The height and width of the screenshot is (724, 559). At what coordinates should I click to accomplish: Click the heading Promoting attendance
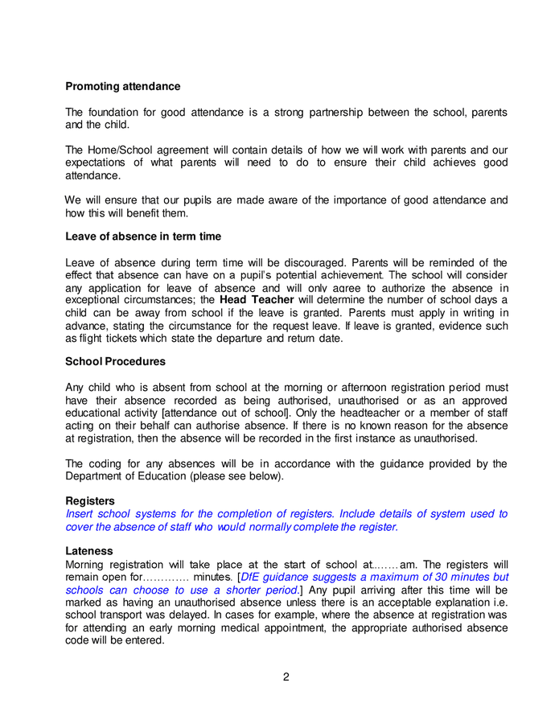point(122,86)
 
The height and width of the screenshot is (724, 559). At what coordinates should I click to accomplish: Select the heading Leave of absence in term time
point(143,237)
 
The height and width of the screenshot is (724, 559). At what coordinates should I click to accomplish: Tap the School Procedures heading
point(115,361)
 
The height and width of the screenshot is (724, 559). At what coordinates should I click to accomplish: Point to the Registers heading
point(89,500)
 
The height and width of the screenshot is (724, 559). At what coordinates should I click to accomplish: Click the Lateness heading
point(88,551)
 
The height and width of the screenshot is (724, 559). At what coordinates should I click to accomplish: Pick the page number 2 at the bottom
point(286,677)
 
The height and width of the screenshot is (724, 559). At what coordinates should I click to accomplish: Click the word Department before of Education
point(97,475)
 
